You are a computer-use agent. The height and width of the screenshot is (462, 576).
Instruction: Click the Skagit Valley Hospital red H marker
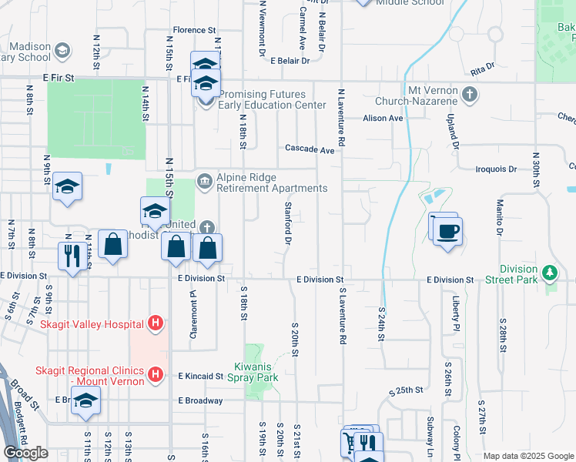[156, 323]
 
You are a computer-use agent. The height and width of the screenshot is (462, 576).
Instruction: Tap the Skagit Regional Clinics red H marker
[156, 375]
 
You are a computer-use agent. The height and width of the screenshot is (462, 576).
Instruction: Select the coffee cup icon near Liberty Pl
[448, 229]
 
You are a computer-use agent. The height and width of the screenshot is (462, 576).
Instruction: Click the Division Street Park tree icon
[550, 272]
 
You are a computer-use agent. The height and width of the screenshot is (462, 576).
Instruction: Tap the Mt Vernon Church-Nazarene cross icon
[471, 95]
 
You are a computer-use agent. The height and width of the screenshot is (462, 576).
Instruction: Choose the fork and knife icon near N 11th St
[72, 255]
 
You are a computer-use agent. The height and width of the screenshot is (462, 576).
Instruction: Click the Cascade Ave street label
[310, 149]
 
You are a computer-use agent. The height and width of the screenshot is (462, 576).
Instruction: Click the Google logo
[25, 453]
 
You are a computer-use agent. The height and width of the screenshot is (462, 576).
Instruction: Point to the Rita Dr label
[481, 69]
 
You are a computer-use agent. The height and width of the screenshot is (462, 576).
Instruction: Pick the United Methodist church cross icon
[206, 228]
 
